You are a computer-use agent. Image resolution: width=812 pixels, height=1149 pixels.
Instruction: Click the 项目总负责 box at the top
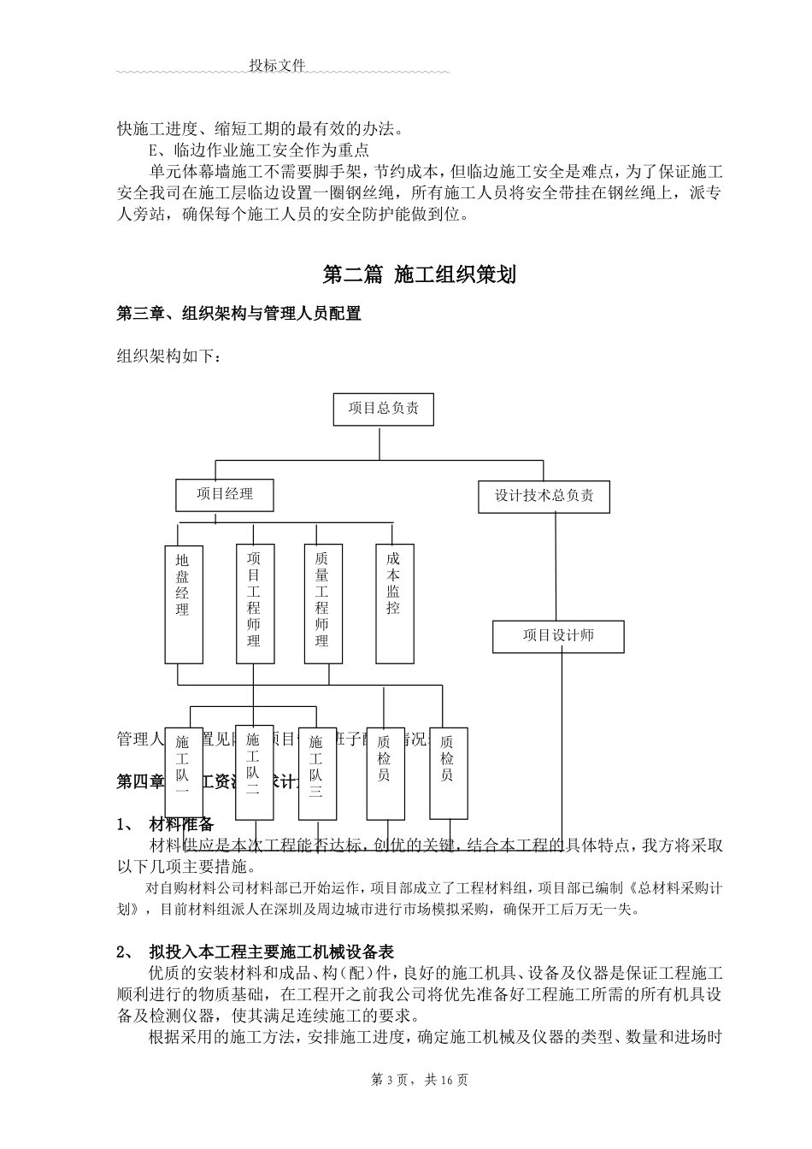pyautogui.click(x=383, y=409)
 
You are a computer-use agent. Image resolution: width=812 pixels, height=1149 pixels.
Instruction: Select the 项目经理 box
pyautogui.click(x=226, y=494)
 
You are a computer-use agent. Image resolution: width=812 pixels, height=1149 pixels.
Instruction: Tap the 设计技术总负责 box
pyautogui.click(x=544, y=496)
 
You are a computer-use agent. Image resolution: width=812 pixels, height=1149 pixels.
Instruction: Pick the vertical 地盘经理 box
pyautogui.click(x=184, y=604)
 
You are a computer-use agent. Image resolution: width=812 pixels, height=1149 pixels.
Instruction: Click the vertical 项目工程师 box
pyautogui.click(x=255, y=604)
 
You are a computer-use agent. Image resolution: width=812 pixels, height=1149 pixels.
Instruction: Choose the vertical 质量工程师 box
pyautogui.click(x=323, y=604)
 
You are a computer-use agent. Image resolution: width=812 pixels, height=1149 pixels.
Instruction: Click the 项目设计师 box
pyautogui.click(x=558, y=636)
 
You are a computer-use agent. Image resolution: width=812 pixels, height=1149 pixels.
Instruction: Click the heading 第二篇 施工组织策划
pyautogui.click(x=420, y=274)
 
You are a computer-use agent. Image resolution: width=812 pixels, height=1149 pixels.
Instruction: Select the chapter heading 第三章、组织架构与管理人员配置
pyautogui.click(x=238, y=314)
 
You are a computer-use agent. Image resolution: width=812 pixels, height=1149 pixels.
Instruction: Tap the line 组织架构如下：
pyautogui.click(x=169, y=356)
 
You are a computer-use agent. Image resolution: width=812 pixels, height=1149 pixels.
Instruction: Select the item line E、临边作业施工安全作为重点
pyautogui.click(x=258, y=150)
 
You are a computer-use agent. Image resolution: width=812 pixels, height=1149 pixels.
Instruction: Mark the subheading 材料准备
pyautogui.click(x=181, y=825)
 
